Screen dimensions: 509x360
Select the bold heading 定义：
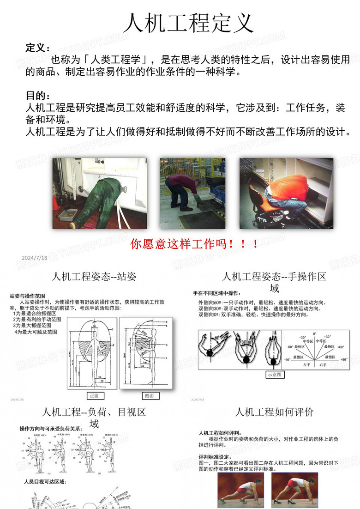tap(38, 48)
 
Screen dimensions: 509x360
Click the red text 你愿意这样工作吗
tap(194, 244)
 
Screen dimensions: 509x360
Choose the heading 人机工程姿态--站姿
tap(94, 277)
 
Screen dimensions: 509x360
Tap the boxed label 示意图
tap(276, 375)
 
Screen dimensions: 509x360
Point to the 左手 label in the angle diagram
tap(307, 364)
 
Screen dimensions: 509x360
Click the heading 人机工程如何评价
tap(275, 412)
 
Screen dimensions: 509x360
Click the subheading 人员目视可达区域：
tap(45, 482)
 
